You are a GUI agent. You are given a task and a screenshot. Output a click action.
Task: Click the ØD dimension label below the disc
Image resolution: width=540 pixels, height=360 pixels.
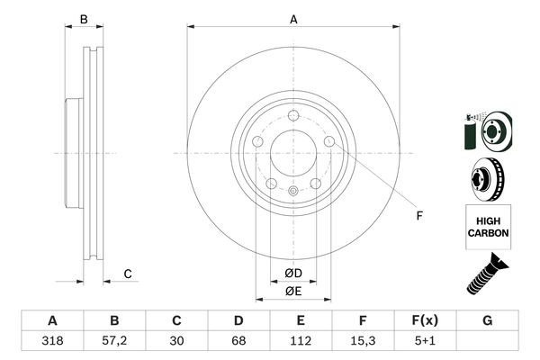coord(292,274)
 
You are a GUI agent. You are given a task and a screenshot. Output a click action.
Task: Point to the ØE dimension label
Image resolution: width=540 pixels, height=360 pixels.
coord(292,291)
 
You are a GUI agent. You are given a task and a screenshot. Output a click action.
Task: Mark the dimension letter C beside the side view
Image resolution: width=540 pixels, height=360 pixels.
coord(128,274)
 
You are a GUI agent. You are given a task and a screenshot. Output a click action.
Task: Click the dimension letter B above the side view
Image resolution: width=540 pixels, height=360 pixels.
coord(84,19)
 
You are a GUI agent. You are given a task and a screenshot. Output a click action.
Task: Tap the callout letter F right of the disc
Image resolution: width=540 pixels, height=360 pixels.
coord(418,214)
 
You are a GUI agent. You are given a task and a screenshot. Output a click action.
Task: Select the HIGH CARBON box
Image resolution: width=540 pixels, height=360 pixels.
coord(488,227)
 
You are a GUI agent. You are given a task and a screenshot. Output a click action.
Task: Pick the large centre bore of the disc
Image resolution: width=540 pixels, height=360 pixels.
coord(292,153)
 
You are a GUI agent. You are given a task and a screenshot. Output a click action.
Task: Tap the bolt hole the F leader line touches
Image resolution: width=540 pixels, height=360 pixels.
coord(329,141)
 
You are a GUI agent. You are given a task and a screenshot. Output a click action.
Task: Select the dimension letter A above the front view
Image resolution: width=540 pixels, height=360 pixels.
coord(293,19)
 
